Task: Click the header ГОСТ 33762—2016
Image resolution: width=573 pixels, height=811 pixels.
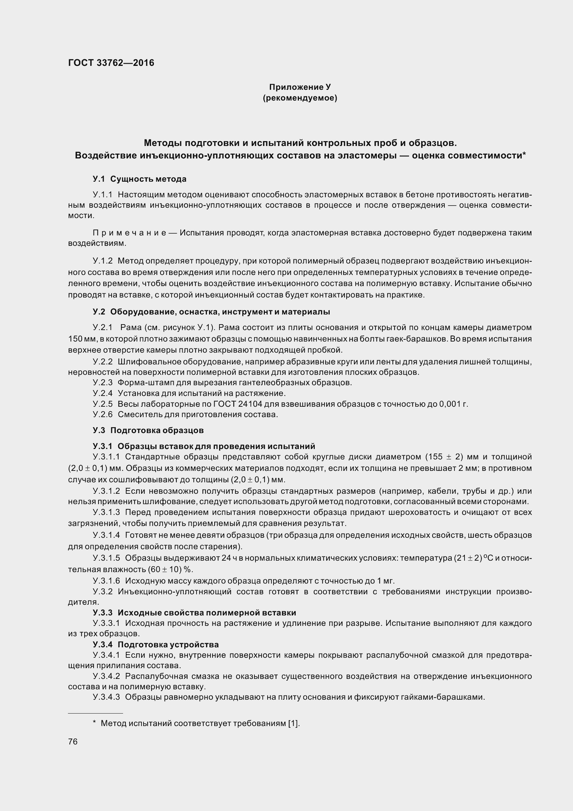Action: coord(111,63)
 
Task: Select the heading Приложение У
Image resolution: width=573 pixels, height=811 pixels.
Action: coord(300,87)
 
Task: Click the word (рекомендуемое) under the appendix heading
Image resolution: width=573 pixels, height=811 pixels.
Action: coord(300,98)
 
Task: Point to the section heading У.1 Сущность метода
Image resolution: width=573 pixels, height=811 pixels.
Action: coord(139,179)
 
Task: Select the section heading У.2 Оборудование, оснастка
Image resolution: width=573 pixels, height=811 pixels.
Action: coord(211,312)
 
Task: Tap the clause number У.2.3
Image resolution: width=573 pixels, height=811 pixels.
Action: coord(102,382)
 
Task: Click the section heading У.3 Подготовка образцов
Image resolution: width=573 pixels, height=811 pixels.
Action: coord(148,430)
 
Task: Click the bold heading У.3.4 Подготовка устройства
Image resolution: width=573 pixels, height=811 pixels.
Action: coord(155,645)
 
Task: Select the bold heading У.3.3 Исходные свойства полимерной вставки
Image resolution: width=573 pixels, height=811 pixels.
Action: coord(194,613)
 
